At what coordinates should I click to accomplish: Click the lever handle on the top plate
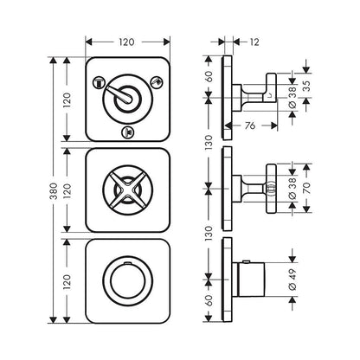click(x=126, y=100)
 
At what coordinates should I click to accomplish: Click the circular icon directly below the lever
click(x=128, y=132)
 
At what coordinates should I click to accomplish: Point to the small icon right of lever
click(x=157, y=83)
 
